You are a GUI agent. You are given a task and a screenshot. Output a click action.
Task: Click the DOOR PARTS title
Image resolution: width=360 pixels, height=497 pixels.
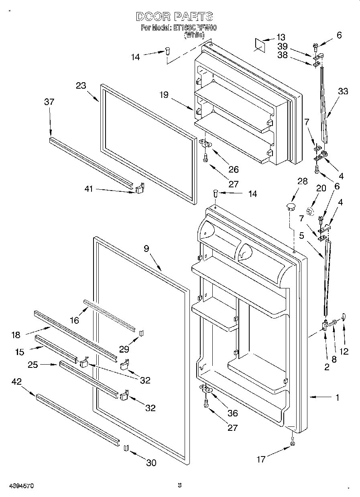(174, 17)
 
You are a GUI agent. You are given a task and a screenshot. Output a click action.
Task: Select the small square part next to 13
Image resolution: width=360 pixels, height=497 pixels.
(259, 45)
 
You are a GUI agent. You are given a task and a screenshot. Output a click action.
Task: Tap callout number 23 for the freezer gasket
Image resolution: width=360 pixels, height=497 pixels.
(81, 85)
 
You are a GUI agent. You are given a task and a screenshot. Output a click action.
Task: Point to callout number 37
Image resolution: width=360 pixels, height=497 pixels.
(49, 102)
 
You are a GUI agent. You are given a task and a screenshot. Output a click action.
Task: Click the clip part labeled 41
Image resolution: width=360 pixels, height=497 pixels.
(140, 189)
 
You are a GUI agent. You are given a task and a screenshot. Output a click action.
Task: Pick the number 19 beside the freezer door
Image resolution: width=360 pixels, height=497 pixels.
(163, 95)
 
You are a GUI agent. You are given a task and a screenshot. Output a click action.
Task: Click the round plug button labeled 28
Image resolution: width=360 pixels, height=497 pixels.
(290, 207)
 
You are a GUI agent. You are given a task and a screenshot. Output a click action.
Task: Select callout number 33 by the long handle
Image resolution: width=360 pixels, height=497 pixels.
(343, 91)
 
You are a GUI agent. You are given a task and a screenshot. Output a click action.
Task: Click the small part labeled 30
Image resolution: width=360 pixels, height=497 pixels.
(126, 448)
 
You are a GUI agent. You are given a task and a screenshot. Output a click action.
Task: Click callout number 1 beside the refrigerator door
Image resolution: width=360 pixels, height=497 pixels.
(337, 398)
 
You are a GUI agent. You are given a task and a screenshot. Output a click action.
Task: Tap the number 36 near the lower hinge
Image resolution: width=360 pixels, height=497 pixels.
(232, 413)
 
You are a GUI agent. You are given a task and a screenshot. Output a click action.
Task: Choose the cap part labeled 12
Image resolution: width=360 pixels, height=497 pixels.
(344, 318)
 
